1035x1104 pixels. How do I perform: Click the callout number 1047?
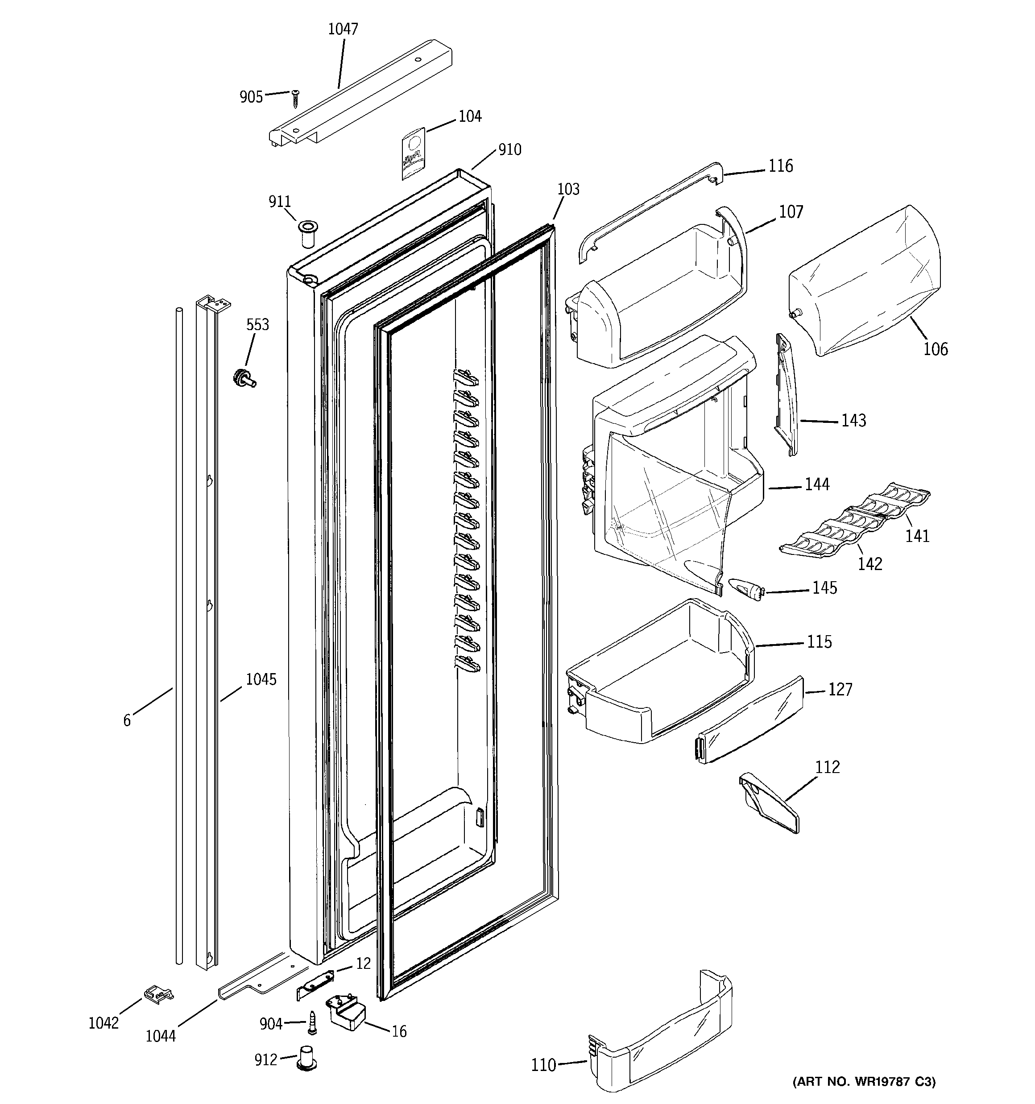pos(343,29)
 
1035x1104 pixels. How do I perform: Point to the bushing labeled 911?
pos(305,233)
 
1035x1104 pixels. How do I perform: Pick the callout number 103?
pos(568,190)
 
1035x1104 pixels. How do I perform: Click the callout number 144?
pos(817,485)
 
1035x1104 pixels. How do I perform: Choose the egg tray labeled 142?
pos(828,536)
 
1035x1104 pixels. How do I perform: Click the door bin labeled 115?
pos(661,672)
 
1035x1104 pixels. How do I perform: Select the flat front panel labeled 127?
pos(750,720)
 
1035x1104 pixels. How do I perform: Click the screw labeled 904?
pos(312,1023)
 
